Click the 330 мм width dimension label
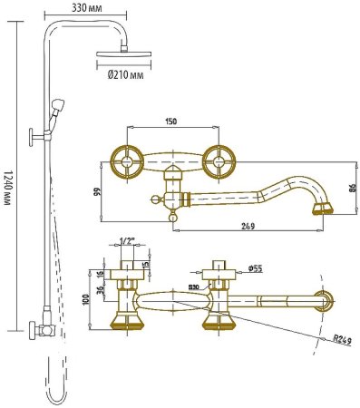(x=86, y=8)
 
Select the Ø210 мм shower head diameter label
(x=125, y=74)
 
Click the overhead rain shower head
(x=123, y=53)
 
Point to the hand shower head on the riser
(x=58, y=105)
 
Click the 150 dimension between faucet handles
(x=170, y=121)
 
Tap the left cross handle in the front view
(x=126, y=162)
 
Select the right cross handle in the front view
(x=219, y=162)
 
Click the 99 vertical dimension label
(x=98, y=191)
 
